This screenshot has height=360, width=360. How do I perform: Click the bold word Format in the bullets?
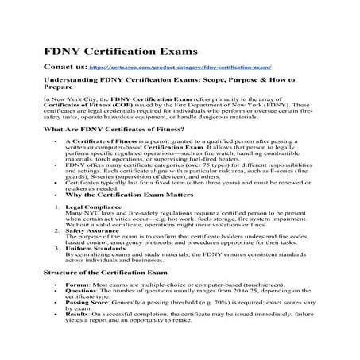tap(77, 284)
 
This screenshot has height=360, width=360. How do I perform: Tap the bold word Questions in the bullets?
tap(82, 291)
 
